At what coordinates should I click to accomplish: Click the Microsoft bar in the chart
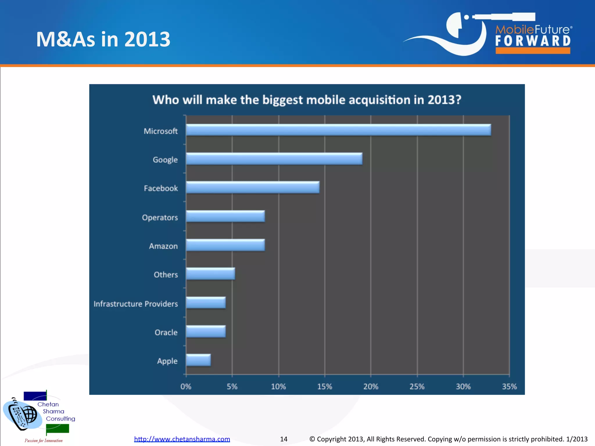(338, 130)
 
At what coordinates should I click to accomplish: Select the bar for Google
(274, 159)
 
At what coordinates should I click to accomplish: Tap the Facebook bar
(252, 187)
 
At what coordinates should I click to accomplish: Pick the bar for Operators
(225, 216)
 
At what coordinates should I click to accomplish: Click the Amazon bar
(225, 245)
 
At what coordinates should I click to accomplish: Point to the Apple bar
(198, 360)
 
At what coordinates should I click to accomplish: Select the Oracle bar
(206, 331)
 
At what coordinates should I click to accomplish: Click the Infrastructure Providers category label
(136, 304)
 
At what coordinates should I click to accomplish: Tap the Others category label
(166, 275)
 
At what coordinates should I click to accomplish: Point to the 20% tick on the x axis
(371, 386)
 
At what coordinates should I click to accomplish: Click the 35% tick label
(509, 386)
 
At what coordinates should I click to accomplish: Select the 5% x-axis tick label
(232, 386)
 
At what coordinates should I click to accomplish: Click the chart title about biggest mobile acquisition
(307, 100)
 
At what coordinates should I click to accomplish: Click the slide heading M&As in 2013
(103, 39)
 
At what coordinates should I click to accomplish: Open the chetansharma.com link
(182, 439)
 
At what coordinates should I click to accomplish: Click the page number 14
(284, 439)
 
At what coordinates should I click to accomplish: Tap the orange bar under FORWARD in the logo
(533, 51)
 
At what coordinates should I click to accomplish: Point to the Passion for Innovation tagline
(44, 440)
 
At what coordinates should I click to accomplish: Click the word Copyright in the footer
(331, 439)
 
